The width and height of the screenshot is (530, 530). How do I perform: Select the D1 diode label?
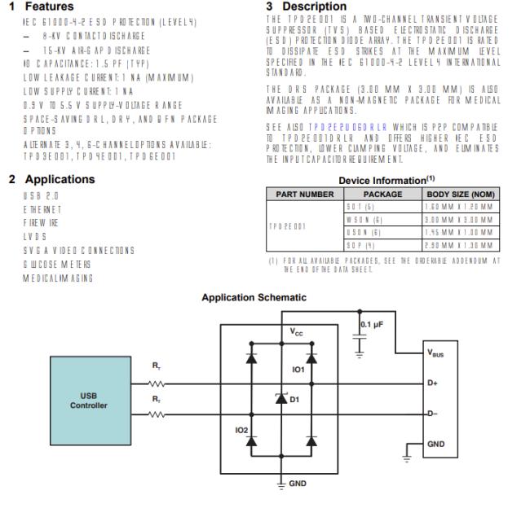pyautogui.click(x=294, y=399)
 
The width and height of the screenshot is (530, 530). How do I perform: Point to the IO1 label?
pyautogui.click(x=298, y=368)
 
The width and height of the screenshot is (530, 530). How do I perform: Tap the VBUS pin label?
pyautogui.click(x=435, y=353)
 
